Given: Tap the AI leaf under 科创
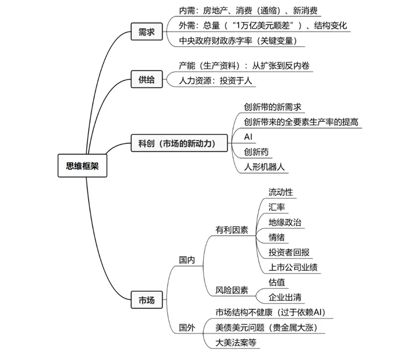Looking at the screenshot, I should click(248, 137).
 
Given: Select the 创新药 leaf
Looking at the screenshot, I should click(256, 152).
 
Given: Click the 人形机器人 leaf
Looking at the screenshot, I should click(264, 167).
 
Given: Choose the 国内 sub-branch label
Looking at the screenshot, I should click(187, 260).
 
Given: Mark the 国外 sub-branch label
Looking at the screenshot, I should click(187, 327).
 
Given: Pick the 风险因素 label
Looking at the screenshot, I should click(231, 290).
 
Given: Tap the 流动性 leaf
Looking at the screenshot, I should click(281, 192).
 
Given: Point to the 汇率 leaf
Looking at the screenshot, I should click(277, 207).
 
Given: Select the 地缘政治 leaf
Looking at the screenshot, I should click(285, 222).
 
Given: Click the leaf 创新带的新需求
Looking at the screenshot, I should click(273, 107).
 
